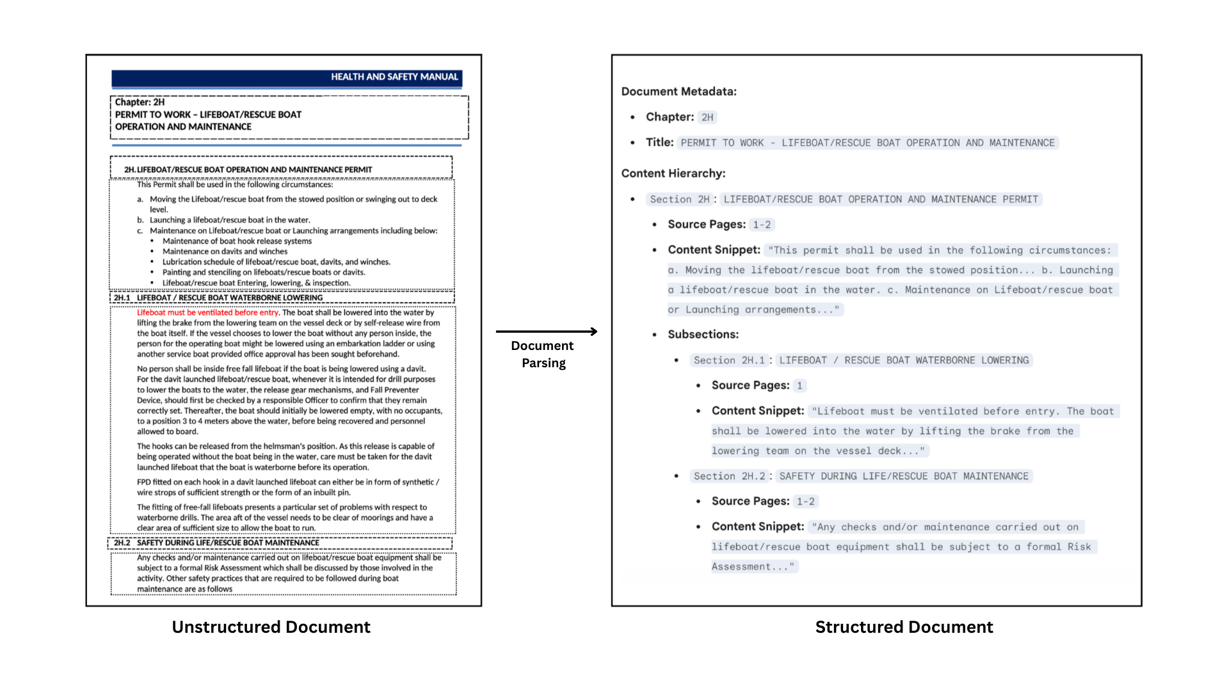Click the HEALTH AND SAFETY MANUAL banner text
click(394, 77)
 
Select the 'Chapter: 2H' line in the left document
click(140, 102)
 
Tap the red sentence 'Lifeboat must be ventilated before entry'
click(208, 313)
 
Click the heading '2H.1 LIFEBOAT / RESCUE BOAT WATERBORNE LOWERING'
click(218, 298)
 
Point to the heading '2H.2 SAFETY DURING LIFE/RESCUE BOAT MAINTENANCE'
click(216, 543)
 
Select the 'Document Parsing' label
click(543, 354)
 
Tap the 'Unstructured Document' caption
click(271, 627)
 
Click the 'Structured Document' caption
click(904, 627)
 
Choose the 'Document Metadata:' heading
click(679, 91)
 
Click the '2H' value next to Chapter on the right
click(707, 118)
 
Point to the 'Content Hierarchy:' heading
click(673, 173)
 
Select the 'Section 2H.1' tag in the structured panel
click(729, 361)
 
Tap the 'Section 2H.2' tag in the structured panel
click(729, 477)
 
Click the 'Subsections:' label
click(703, 335)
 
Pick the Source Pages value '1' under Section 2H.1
click(799, 386)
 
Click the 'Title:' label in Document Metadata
click(659, 143)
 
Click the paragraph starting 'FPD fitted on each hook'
click(287, 488)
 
